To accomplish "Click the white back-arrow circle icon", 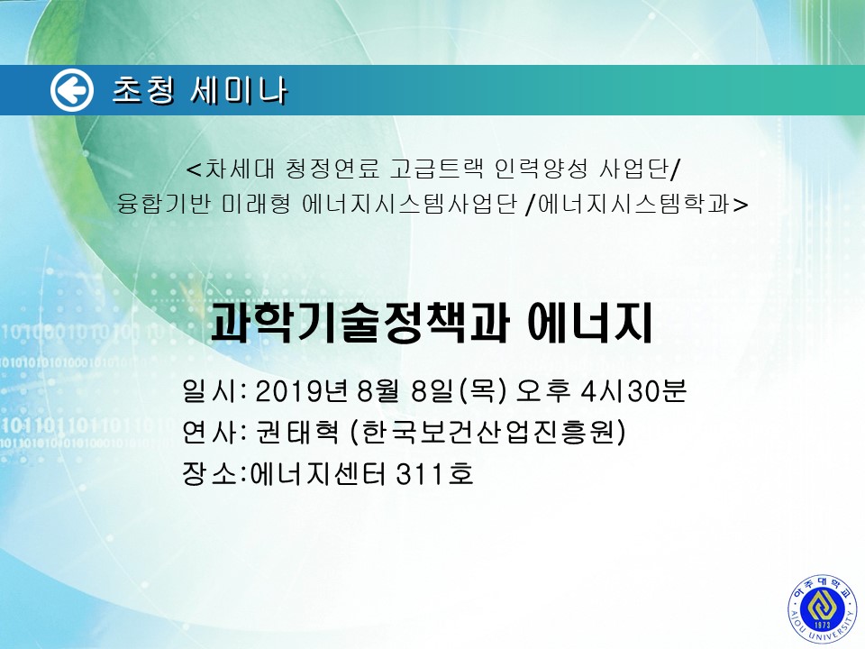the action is coord(72,90).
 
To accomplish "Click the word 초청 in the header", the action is coord(143,90).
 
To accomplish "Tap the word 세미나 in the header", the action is coord(239,90).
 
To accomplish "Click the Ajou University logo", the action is coord(823,608).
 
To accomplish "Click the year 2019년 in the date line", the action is coord(301,390).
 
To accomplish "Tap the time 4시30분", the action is coord(633,390).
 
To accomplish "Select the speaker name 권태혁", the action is coord(297,432).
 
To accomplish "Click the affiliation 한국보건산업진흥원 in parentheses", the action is coord(488,432).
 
